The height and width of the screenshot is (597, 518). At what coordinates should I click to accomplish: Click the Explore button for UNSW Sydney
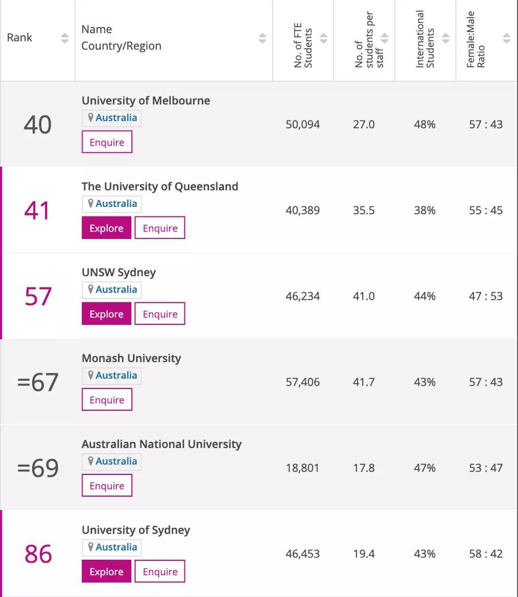107,314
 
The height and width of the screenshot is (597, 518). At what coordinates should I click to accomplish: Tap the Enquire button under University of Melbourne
107,142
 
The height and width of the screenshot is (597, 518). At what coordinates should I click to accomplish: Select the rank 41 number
38,210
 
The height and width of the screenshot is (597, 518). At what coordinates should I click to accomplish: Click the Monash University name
131,358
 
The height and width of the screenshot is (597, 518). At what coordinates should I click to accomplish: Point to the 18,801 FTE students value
303,468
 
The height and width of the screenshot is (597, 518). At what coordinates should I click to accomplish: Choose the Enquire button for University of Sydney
160,572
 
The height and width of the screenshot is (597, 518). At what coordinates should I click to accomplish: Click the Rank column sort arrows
65,38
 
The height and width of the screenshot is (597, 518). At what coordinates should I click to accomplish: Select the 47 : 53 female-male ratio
485,296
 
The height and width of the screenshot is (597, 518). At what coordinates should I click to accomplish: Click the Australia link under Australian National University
116,461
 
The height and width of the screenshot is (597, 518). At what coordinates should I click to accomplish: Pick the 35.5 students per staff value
364,210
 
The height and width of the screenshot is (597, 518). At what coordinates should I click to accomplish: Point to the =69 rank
38,468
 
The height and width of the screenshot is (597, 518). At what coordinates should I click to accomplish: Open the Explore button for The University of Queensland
107,228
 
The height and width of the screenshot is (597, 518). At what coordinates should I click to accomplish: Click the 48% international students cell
425,124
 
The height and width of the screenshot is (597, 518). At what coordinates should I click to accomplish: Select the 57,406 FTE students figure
303,382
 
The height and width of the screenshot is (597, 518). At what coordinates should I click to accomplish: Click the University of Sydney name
136,530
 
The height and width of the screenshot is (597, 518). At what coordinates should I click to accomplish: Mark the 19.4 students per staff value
364,554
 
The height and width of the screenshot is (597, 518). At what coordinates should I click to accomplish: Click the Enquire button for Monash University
107,400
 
